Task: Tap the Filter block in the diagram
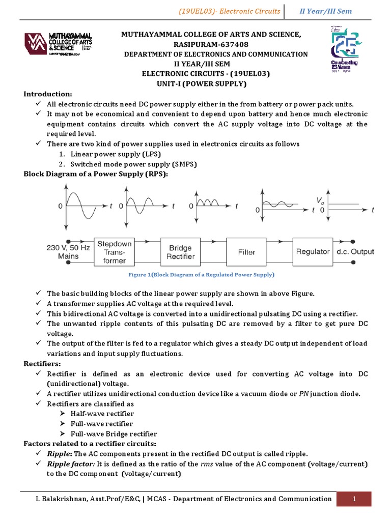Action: point(246,252)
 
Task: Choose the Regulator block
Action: point(313,252)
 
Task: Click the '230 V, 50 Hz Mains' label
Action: point(68,252)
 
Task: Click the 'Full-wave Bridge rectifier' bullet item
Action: point(114,434)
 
